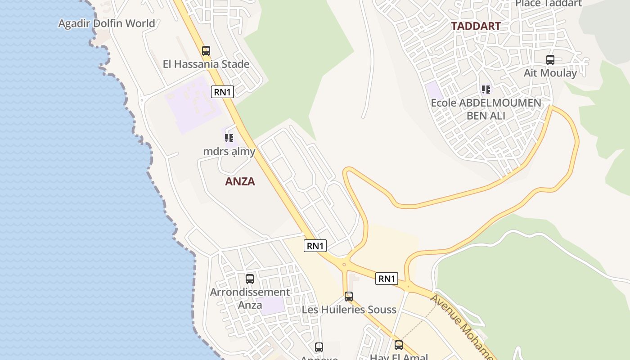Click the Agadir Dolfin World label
[x=107, y=23]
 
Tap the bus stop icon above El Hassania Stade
[x=206, y=51]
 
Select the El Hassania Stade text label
[x=206, y=64]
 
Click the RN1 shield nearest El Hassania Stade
[x=222, y=92]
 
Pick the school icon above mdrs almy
[x=229, y=138]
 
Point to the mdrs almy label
[x=229, y=152]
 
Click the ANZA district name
[x=240, y=181]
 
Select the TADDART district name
[x=476, y=26]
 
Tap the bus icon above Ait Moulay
[x=550, y=59]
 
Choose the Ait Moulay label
[x=550, y=73]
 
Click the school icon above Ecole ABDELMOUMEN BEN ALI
[x=486, y=90]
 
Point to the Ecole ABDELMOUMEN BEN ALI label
[x=486, y=109]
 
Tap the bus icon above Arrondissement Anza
[x=250, y=279]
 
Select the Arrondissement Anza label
[x=250, y=298]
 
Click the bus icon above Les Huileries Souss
[x=349, y=296]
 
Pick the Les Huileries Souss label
[x=349, y=310]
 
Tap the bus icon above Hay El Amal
[x=399, y=345]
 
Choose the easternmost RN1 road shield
[x=387, y=279]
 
